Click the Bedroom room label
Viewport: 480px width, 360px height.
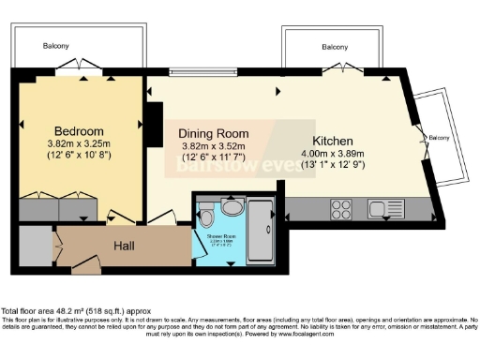click(x=78, y=130)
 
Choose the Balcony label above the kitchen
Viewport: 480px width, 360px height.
click(x=335, y=46)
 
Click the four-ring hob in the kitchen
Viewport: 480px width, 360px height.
click(x=341, y=209)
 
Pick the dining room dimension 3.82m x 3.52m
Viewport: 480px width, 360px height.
click(x=213, y=146)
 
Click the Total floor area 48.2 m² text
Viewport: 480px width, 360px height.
click(x=70, y=310)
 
